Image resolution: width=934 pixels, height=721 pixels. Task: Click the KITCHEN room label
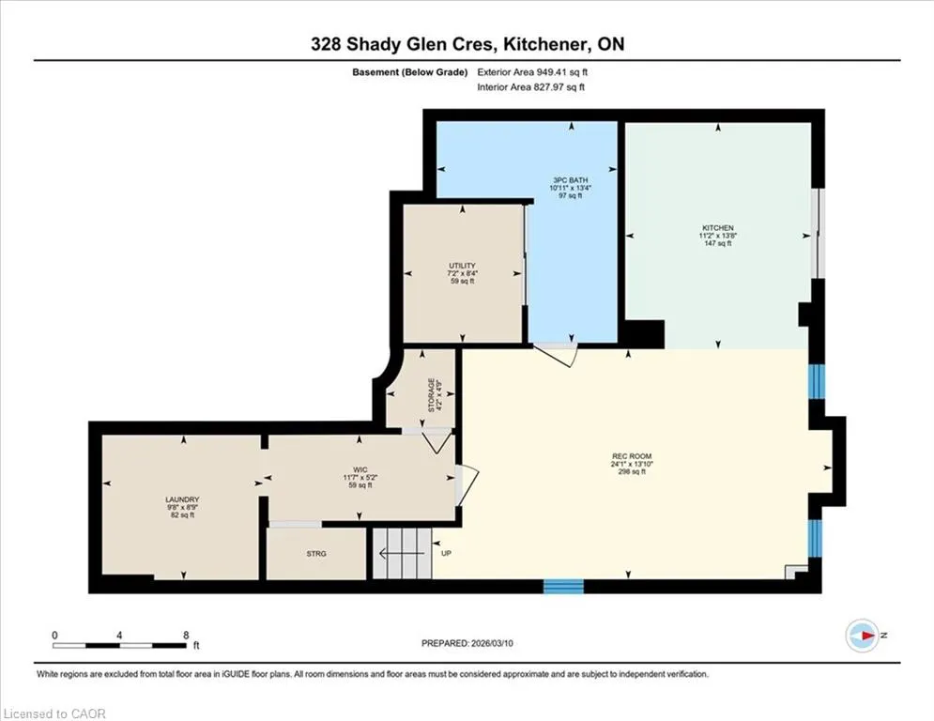pyautogui.click(x=718, y=227)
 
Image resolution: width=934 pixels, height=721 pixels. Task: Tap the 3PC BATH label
pyautogui.click(x=570, y=180)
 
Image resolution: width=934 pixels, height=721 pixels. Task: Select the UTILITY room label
pyautogui.click(x=462, y=266)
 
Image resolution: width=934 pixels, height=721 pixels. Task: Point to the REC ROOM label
pyautogui.click(x=632, y=456)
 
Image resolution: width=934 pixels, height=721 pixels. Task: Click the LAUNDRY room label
pyautogui.click(x=182, y=499)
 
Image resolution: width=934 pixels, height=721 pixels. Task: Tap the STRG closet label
pyautogui.click(x=316, y=554)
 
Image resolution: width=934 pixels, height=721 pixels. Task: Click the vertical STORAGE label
pyautogui.click(x=431, y=395)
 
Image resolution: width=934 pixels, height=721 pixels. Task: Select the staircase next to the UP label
pyautogui.click(x=402, y=553)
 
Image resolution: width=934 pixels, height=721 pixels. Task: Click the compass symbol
pyautogui.click(x=862, y=636)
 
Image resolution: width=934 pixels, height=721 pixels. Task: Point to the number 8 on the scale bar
pyautogui.click(x=187, y=636)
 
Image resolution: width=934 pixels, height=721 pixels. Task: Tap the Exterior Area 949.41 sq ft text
pyautogui.click(x=532, y=72)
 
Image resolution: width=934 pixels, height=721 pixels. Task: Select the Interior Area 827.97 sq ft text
pyautogui.click(x=530, y=87)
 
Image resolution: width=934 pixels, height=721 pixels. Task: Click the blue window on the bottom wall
pyautogui.click(x=563, y=587)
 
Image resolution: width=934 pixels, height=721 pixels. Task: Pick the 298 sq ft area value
pyautogui.click(x=632, y=472)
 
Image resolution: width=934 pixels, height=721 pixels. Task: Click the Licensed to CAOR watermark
pyautogui.click(x=54, y=713)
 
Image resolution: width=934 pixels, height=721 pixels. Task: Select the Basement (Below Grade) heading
pyautogui.click(x=410, y=72)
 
